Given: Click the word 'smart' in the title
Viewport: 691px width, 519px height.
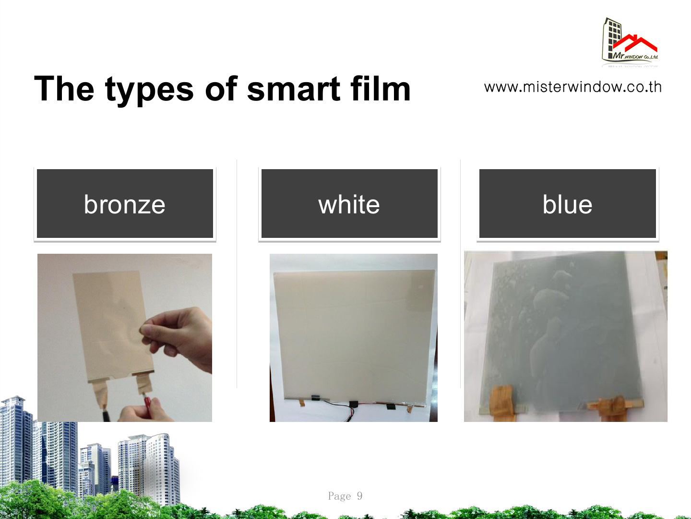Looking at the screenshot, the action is point(293,89).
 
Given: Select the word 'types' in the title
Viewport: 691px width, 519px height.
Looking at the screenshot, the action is point(149,91).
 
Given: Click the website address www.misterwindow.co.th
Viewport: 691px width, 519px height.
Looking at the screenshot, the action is point(572,87).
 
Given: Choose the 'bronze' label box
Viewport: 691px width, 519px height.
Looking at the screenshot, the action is point(125,204).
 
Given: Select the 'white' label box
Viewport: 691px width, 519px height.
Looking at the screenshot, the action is point(349,204).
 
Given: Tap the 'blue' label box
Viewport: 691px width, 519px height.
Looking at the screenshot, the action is point(568,204).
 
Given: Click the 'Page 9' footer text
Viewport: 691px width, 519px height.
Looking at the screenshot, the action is point(345,496).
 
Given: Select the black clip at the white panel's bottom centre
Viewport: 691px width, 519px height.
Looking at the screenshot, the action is point(354,404).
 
